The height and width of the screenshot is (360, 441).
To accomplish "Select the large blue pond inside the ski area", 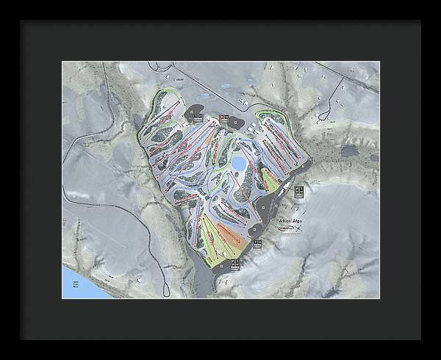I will pyautogui.click(x=240, y=162).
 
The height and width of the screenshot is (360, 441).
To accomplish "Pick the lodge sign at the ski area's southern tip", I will pyautogui.click(x=234, y=262).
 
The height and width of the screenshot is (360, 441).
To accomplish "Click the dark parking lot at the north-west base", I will pyautogui.click(x=196, y=113).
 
